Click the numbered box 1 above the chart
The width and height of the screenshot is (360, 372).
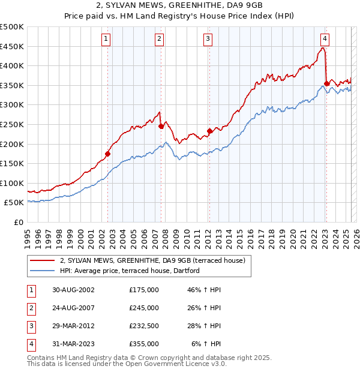pos(106,39)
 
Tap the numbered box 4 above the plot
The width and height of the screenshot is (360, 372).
pos(324,39)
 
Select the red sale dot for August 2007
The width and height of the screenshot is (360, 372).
pos(161,127)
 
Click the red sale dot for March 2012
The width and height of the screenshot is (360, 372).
pos(209,131)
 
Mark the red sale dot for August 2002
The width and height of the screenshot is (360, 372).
pos(108,154)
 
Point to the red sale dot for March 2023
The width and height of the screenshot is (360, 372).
pos(326,83)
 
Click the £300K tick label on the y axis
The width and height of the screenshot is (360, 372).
pos(13,105)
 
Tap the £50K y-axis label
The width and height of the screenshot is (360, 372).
pos(14,203)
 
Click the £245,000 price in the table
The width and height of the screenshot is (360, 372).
pos(144,308)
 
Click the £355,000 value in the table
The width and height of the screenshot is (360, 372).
pos(144,344)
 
